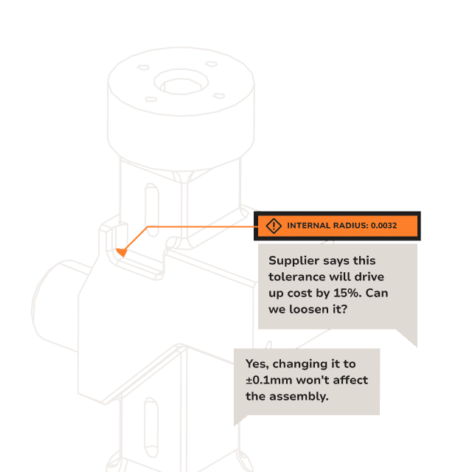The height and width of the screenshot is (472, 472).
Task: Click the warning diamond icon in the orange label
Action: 274,226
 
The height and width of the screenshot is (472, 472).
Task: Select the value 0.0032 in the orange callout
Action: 383,226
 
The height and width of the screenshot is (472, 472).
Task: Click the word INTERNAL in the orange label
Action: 308,226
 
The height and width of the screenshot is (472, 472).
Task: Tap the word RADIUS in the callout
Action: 350,226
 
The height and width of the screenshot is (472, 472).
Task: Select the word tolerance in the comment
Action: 296,277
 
